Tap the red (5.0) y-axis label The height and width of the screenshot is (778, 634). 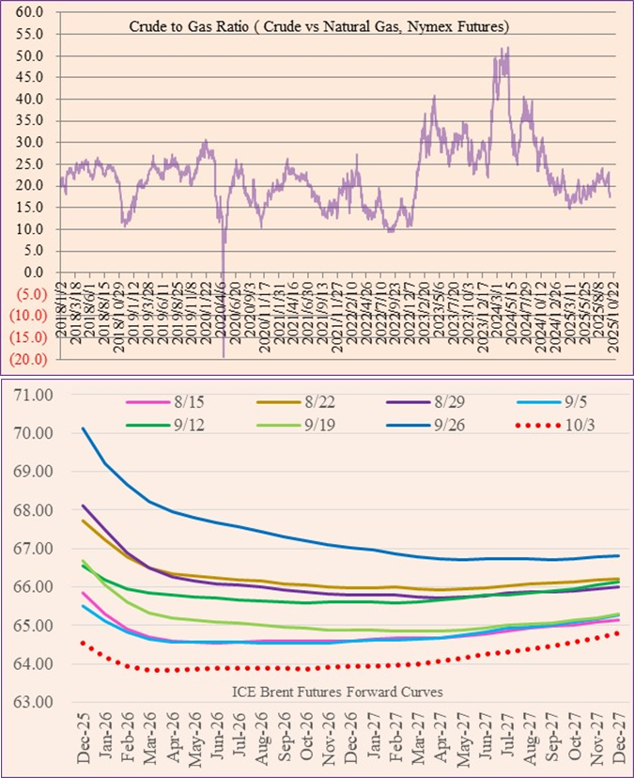30,293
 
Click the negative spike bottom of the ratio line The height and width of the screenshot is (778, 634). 224,355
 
